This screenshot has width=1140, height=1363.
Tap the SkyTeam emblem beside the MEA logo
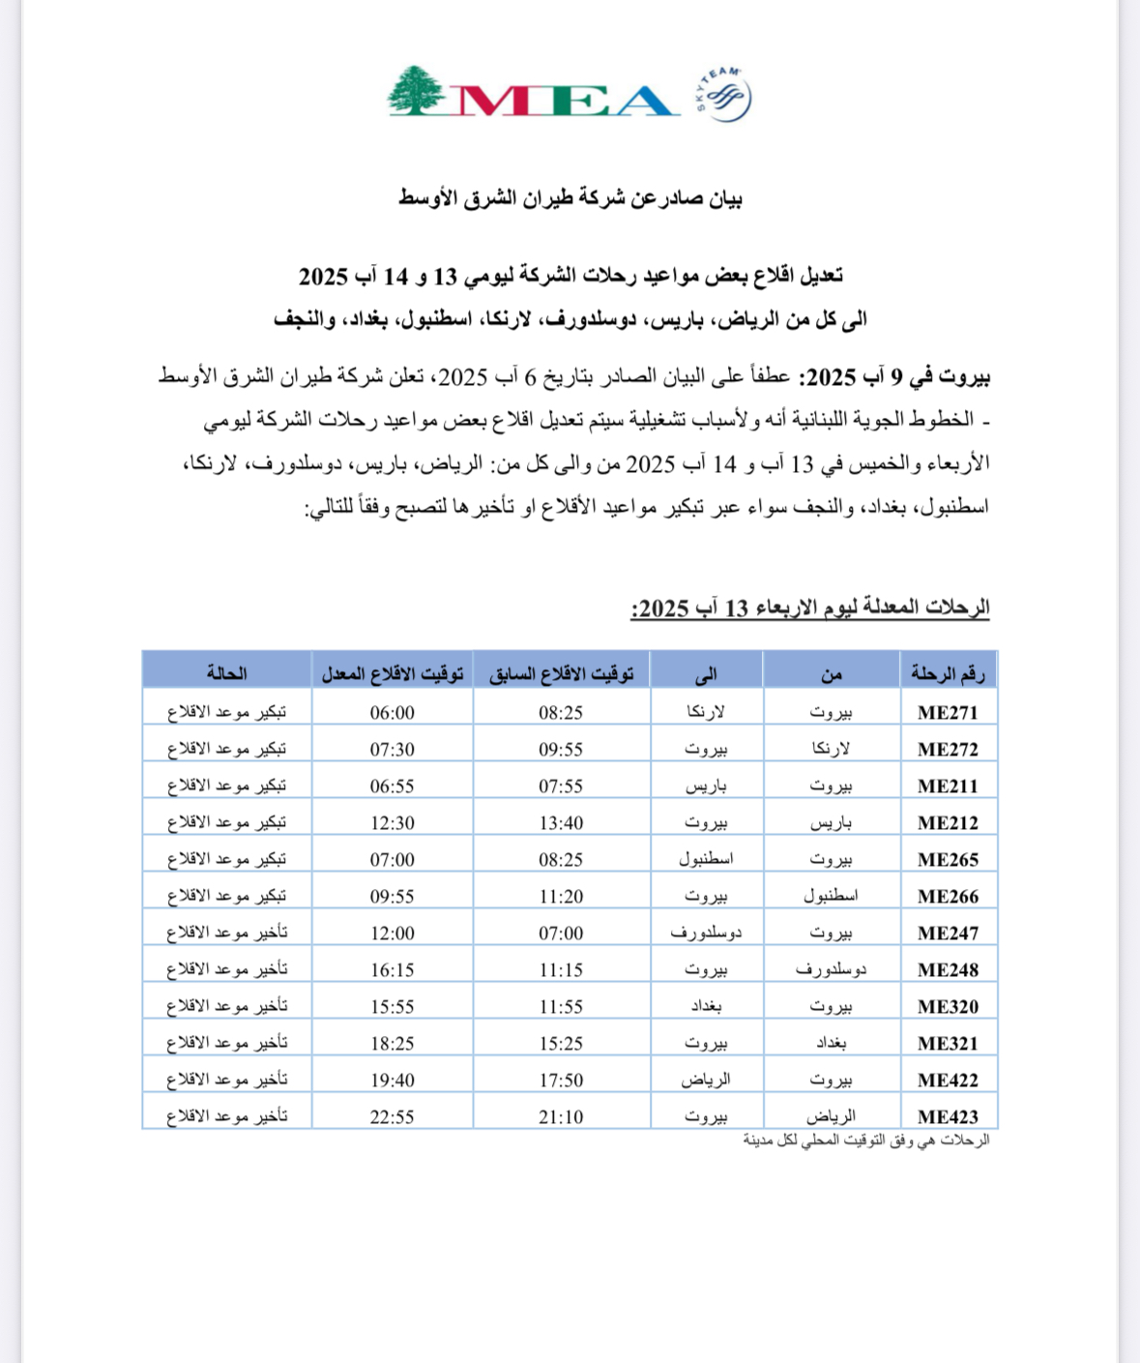click(724, 95)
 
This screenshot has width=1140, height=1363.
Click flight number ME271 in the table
click(948, 713)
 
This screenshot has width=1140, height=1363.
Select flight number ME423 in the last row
click(948, 1117)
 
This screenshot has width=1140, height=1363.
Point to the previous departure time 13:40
click(561, 823)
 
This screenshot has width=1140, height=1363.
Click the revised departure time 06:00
click(392, 713)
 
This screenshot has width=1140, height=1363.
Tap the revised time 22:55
click(392, 1117)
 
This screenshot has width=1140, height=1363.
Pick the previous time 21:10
click(561, 1117)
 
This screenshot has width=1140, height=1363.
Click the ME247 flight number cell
click(948, 933)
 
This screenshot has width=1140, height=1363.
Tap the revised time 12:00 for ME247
click(392, 933)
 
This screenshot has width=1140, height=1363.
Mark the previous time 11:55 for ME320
click(561, 1007)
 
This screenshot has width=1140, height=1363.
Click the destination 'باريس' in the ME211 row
click(706, 786)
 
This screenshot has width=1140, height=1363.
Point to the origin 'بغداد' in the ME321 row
click(831, 1044)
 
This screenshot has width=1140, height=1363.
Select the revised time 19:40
click(392, 1081)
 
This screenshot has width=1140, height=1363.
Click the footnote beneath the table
click(866, 1141)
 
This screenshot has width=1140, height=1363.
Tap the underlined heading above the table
click(810, 608)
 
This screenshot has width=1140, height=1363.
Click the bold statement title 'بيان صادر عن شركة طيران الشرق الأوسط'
click(570, 198)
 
